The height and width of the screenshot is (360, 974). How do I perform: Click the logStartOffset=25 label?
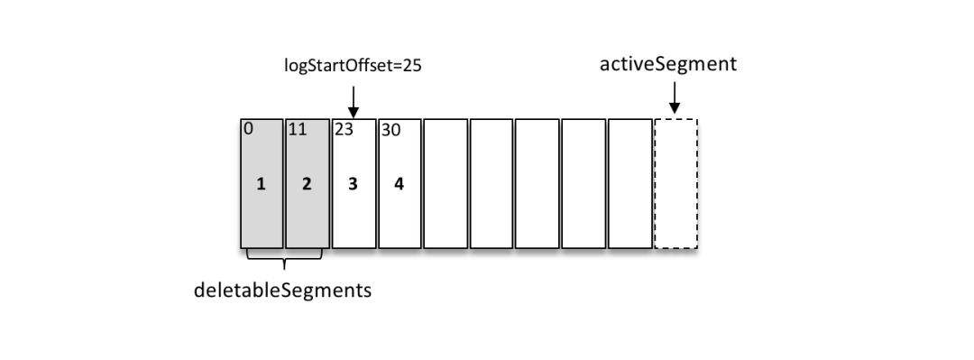[354, 68]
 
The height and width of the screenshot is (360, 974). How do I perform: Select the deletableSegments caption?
[284, 291]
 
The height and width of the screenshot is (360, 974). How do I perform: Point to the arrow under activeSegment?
[674, 99]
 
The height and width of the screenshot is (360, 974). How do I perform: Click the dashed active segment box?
[675, 183]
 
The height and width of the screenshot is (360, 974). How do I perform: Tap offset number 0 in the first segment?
[247, 128]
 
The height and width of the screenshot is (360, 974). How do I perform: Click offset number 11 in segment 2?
[297, 129]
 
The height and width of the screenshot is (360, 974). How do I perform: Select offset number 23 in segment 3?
[343, 129]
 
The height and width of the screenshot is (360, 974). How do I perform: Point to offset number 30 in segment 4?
[390, 129]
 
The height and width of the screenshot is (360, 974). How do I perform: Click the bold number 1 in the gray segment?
[261, 184]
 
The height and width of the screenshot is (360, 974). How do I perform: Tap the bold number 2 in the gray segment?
[307, 184]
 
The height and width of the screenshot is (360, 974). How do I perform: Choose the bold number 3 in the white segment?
[354, 184]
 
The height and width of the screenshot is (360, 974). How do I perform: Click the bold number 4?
[400, 184]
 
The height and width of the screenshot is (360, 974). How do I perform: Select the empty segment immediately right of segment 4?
[446, 183]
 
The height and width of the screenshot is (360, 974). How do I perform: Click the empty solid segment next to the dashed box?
[629, 183]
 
